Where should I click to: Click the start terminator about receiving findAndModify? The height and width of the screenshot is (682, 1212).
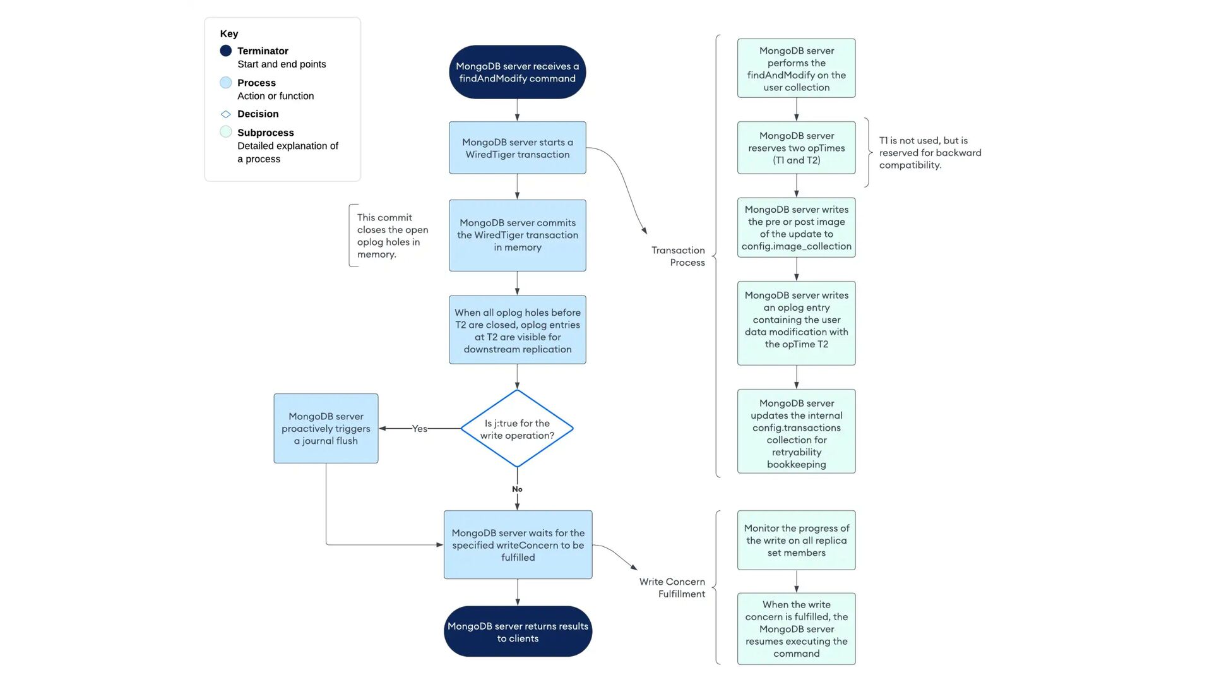(x=517, y=72)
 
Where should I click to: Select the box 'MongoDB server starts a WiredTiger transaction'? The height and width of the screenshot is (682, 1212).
(x=518, y=148)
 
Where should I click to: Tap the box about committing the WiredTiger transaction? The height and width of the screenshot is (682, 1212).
(x=518, y=236)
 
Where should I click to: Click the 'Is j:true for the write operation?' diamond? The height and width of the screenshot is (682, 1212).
(x=517, y=429)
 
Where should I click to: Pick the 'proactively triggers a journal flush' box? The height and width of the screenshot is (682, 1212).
(x=326, y=429)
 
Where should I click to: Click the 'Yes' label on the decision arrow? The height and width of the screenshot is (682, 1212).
(x=420, y=429)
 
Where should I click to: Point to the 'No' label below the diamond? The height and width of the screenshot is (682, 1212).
(x=517, y=489)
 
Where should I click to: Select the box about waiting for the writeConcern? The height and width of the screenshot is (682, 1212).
(x=518, y=545)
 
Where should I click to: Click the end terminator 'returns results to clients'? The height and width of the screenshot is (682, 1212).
(x=518, y=632)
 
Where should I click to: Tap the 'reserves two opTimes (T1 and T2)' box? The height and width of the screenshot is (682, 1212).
(x=797, y=148)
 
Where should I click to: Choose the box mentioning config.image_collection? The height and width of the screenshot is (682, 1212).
(x=797, y=227)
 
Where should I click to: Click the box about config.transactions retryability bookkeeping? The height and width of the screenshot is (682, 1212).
(x=797, y=432)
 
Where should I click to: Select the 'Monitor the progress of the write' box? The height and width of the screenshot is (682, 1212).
(x=797, y=541)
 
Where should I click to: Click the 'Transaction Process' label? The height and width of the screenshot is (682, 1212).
(x=678, y=256)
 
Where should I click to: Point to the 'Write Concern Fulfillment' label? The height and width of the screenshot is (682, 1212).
(x=672, y=588)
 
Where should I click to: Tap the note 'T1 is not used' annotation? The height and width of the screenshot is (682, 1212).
(x=930, y=153)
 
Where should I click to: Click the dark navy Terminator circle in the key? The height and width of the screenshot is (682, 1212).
(x=226, y=51)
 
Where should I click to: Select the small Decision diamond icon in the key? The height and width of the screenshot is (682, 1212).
(x=226, y=114)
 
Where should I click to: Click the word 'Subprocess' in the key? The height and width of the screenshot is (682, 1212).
(x=266, y=133)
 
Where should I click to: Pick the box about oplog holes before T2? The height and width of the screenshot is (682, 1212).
(x=518, y=330)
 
